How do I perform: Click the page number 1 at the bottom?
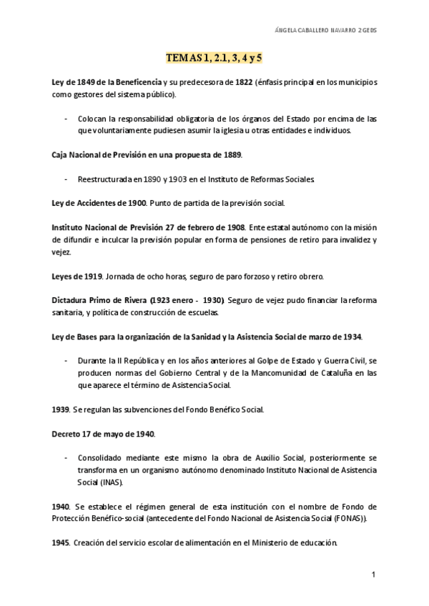tap(373, 575)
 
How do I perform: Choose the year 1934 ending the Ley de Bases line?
tap(350, 336)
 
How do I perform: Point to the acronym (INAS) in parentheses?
tap(110, 482)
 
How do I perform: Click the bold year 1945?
tap(61, 542)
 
